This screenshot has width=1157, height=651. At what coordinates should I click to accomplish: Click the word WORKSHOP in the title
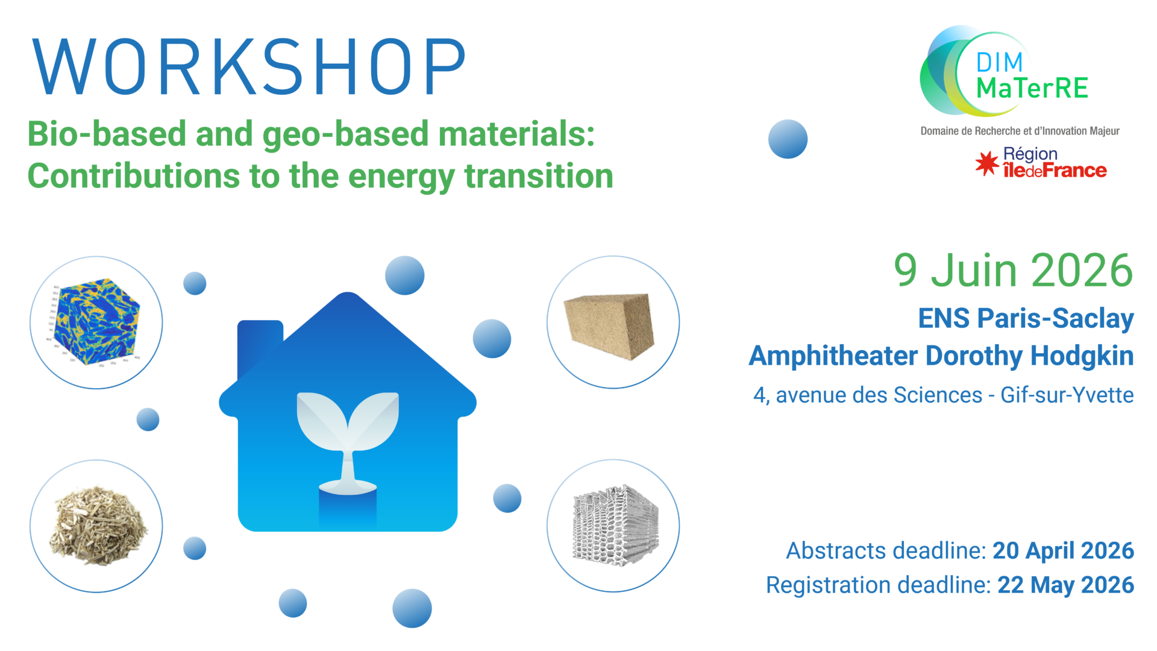click(249, 66)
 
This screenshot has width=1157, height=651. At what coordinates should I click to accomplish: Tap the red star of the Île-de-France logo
click(987, 163)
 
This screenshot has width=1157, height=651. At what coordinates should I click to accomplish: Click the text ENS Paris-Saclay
click(1026, 319)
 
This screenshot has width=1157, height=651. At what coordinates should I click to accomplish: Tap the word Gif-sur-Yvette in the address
click(1067, 395)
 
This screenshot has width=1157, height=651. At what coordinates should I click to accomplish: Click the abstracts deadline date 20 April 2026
click(1064, 551)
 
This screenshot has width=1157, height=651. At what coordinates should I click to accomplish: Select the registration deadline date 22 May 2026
click(1066, 585)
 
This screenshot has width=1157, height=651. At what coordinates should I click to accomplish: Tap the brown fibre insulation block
click(609, 326)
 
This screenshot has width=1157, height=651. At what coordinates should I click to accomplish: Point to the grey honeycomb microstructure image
click(615, 524)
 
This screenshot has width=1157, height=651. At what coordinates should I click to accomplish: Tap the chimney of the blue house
click(259, 347)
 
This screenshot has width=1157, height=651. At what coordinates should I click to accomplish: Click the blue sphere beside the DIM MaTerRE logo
click(788, 139)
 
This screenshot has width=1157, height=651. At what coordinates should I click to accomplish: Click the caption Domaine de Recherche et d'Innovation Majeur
click(1020, 131)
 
